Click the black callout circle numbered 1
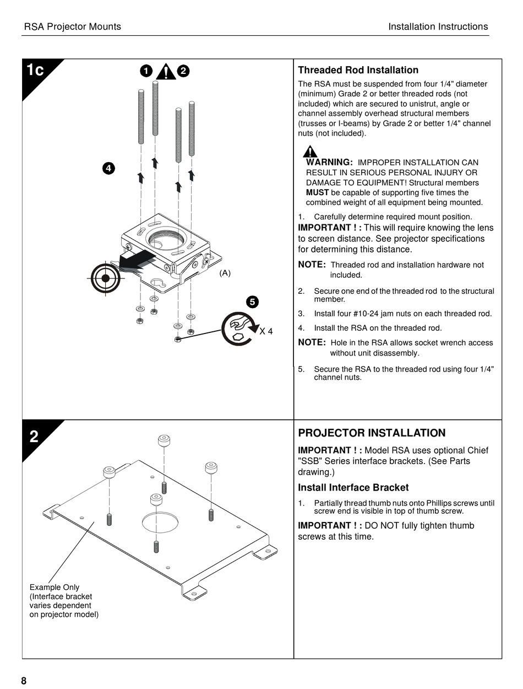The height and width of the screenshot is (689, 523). [146, 71]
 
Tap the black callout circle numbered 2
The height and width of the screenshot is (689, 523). [183, 71]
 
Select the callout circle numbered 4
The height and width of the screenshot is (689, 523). [108, 168]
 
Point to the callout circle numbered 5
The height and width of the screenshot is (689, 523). [252, 302]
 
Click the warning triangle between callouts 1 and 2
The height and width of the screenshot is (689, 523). [166, 72]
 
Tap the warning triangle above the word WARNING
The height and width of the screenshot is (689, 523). [310, 152]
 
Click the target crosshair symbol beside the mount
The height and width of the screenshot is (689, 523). [105, 278]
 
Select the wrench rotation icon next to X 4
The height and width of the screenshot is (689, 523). [239, 329]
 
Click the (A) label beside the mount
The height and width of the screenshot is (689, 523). [225, 273]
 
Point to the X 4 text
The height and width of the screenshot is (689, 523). [266, 331]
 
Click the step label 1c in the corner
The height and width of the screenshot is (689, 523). [35, 69]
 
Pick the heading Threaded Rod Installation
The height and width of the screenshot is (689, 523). [358, 70]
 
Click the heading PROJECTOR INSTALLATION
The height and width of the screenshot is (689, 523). [372, 433]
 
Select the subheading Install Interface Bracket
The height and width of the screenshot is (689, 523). [353, 487]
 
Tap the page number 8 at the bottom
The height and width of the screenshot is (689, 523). [24, 681]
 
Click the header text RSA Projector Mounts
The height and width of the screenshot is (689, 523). [72, 26]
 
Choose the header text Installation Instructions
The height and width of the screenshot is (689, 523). [438, 26]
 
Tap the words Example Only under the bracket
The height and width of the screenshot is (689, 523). [54, 587]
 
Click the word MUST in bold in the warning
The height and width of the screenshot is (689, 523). [317, 192]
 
